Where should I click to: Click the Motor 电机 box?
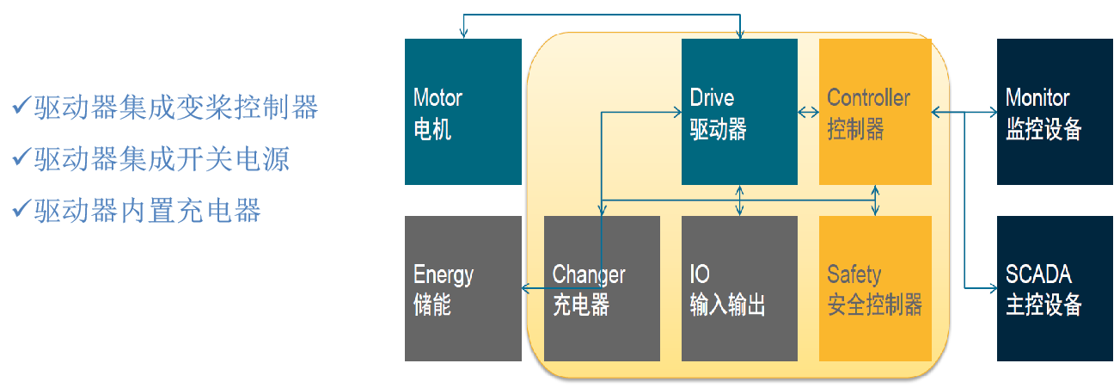coord(463,112)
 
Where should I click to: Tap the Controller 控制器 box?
coord(875,112)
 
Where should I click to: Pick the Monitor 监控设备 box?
coord(1055,112)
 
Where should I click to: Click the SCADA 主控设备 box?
coord(1055,288)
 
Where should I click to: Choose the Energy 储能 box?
coord(463,288)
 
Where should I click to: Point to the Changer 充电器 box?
coord(602,288)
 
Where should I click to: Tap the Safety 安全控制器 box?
coord(875,288)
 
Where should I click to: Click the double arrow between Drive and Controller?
coord(808,112)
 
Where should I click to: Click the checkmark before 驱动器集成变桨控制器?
coord(21,108)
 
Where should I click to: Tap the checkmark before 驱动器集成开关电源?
coord(21,158)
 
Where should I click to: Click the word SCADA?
coord(1038,275)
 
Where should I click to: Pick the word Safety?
coord(854,275)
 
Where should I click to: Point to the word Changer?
coord(589,275)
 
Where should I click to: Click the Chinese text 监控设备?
coord(1043,130)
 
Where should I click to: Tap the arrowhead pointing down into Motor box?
coord(463,34)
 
